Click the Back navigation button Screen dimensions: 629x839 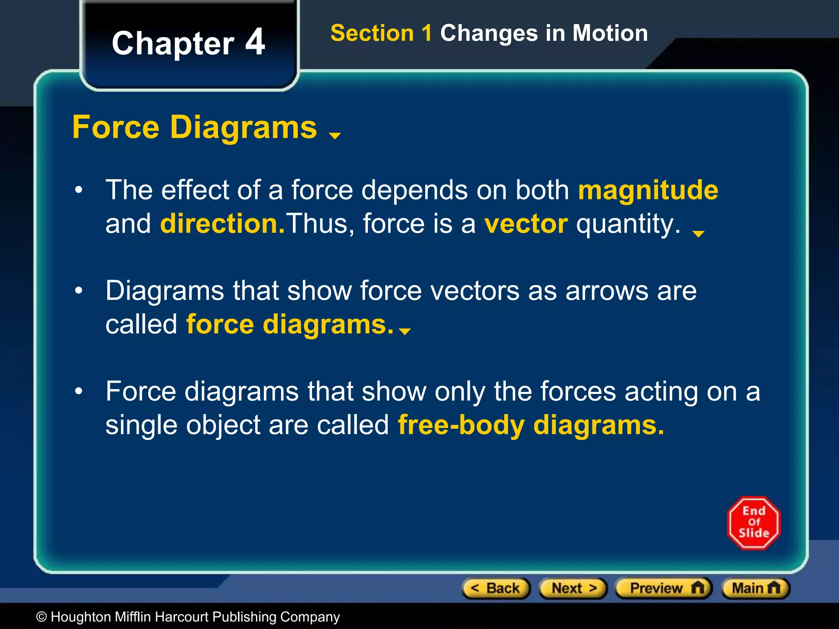(496, 588)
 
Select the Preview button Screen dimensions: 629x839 (664, 588)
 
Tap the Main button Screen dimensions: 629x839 (755, 588)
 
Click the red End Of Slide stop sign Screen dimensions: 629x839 (754, 523)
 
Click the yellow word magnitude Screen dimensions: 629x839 (648, 190)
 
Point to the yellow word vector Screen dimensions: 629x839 (526, 224)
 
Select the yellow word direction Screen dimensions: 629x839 (222, 224)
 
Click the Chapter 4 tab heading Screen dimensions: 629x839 (188, 43)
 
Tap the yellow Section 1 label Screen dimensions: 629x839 (381, 33)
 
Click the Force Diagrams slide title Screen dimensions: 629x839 (195, 127)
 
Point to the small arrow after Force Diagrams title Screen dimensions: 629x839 (335, 136)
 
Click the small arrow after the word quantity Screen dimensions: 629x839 (698, 234)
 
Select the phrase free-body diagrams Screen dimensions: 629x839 (531, 425)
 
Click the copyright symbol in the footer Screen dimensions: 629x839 (41, 617)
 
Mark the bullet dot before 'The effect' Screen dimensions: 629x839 (79, 190)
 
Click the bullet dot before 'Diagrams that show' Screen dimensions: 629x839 (79, 291)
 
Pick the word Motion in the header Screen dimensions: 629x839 (610, 33)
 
